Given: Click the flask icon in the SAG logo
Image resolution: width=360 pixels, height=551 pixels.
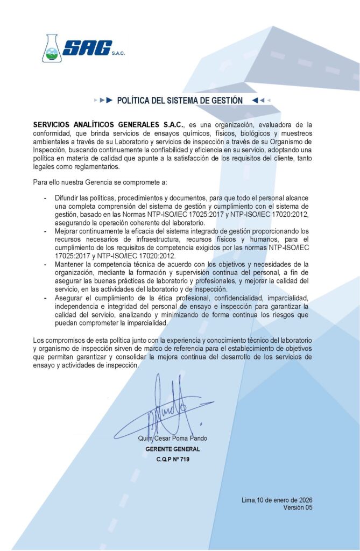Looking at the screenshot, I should [x=52, y=48].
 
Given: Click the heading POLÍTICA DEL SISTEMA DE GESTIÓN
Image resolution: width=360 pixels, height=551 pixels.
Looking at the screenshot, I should [x=180, y=101].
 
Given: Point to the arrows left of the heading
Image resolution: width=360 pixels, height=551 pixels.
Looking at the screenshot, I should [x=103, y=101].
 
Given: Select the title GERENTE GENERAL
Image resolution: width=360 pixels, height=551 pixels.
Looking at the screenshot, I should [x=172, y=449].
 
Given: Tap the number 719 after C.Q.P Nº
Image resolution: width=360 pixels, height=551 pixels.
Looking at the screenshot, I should [x=183, y=460].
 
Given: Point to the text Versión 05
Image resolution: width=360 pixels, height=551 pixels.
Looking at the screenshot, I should [x=297, y=508].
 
